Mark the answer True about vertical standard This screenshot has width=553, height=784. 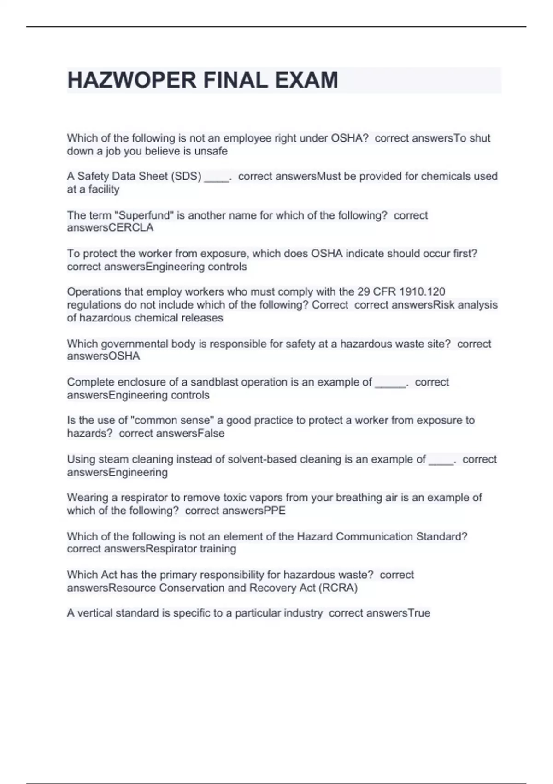[419, 613]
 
